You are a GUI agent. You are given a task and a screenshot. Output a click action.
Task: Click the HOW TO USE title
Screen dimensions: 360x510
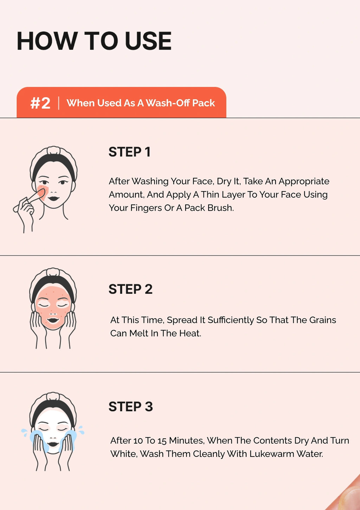pos(94,41)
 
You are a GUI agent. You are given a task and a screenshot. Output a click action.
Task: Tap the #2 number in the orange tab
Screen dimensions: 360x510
pos(40,103)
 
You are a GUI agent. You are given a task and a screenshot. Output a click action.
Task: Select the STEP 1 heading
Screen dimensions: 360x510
pos(129,152)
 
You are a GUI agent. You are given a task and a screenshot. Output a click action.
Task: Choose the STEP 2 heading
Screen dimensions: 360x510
pos(130,289)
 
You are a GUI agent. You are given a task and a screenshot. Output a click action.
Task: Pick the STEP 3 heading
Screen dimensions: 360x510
pos(131,407)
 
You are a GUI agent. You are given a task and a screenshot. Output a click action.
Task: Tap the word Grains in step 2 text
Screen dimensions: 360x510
pos(322,320)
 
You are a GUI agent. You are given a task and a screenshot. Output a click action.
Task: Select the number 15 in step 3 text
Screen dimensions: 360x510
pos(162,441)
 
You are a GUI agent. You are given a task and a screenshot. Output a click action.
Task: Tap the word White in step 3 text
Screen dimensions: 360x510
pos(124,454)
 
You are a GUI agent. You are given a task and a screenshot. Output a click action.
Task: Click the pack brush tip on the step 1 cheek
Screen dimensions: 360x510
pos(41,193)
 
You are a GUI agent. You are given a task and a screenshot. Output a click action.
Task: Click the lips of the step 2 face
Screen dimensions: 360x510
pos(53,320)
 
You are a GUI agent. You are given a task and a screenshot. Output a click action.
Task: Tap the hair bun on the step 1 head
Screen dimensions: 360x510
pos(53,150)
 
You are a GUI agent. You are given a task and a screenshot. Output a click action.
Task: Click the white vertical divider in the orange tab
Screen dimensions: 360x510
pos(59,103)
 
